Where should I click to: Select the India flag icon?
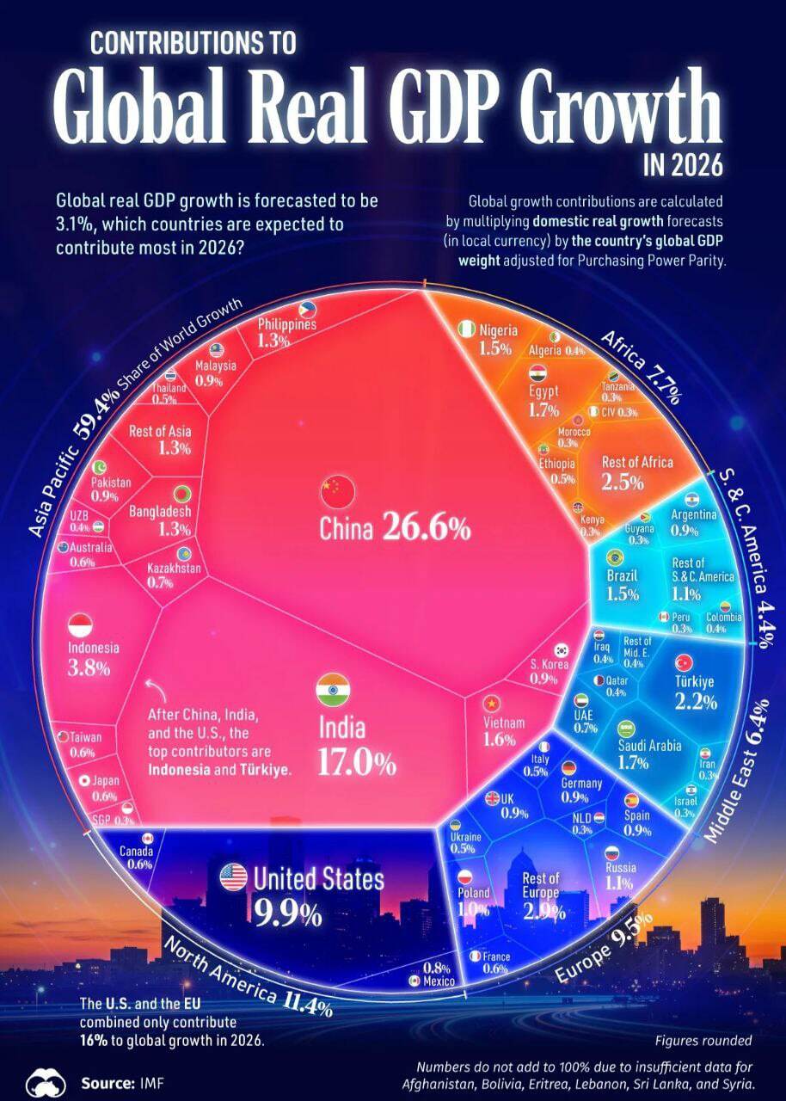pos(333,690)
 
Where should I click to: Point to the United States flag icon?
pos(233,877)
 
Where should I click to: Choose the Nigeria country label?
pos(498,330)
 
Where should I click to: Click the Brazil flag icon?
pos(614,557)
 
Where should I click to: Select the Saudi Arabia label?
pos(649,746)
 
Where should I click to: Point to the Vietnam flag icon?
pos(492,703)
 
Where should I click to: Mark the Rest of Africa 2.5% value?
pos(623,483)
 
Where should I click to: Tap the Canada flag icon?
pos(146,838)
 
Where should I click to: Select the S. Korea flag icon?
pos(562,650)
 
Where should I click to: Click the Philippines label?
pos(287,324)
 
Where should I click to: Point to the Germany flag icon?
pos(568,768)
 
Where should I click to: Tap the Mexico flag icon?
pos(414,981)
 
